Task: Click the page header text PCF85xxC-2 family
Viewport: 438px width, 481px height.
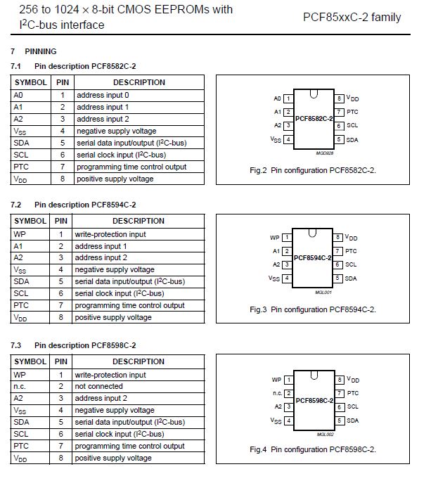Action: pos(352,17)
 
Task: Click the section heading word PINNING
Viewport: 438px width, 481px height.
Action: pos(41,51)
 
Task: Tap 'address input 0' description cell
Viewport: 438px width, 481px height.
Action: pos(103,95)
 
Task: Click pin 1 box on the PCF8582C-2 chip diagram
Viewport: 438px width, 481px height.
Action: pos(288,98)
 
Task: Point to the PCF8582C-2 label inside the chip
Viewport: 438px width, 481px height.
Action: pos(314,119)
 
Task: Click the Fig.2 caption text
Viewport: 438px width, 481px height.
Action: pos(318,170)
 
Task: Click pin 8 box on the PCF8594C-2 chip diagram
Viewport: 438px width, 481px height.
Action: pos(339,238)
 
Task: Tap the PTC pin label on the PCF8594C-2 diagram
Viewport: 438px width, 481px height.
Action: pos(352,251)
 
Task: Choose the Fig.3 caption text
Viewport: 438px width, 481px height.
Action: pos(313,309)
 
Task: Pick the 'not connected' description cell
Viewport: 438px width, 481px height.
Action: pos(99,386)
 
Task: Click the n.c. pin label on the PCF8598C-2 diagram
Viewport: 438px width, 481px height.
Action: pos(277,393)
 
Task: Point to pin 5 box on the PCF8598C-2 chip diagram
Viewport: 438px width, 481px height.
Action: pos(339,421)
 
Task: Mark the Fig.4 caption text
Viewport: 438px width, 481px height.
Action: pos(313,449)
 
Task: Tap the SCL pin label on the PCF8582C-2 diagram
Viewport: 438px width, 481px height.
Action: pos(352,126)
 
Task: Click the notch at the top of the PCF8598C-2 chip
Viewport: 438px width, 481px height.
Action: pos(314,373)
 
